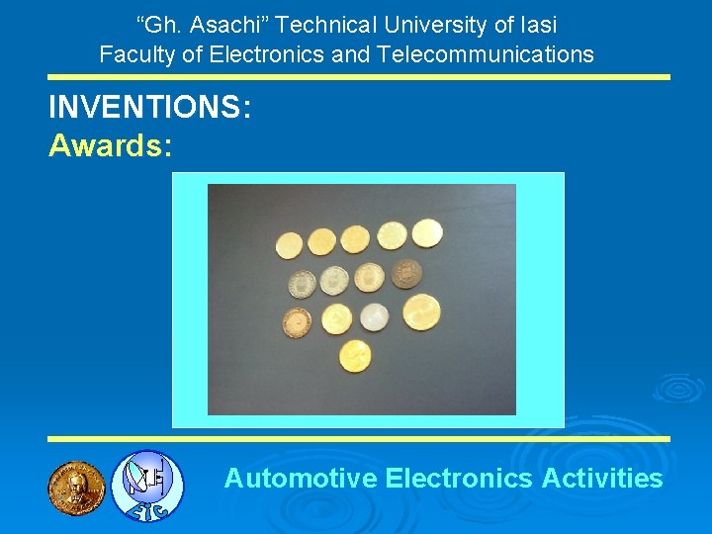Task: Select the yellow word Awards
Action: pos(111,146)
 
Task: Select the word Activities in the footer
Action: pos(602,479)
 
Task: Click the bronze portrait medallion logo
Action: pos(76,488)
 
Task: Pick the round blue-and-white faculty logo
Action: pos(146,486)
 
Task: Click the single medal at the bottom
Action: pos(354,355)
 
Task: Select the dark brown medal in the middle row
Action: pos(405,274)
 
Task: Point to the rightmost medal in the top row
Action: pos(426,233)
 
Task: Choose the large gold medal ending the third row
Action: pos(420,312)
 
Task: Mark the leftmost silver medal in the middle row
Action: pos(302,285)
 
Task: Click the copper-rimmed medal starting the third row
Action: pos(296,323)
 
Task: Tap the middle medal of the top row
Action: pos(355,239)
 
